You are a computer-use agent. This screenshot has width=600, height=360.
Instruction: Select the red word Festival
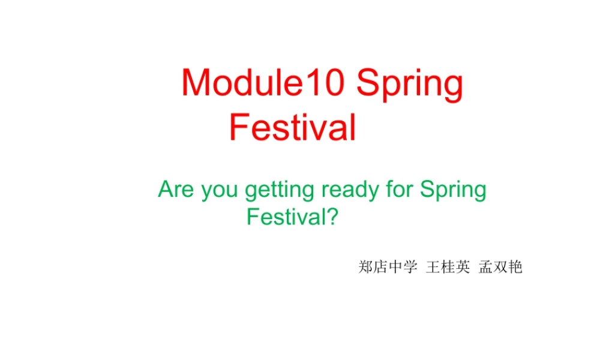click(293, 127)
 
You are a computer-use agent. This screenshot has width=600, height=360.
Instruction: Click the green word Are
click(176, 190)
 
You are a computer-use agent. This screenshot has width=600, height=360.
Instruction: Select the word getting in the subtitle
click(280, 191)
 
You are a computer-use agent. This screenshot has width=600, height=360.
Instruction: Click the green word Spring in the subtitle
click(453, 191)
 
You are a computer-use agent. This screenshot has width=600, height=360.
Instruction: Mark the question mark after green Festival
click(333, 216)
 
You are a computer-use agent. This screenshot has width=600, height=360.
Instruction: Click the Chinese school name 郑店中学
click(388, 267)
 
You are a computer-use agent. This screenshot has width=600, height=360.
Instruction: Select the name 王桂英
click(448, 267)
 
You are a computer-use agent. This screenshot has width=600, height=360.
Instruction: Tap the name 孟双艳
click(500, 267)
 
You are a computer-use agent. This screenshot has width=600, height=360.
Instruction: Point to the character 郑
click(365, 267)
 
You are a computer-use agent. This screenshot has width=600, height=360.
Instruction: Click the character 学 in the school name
click(410, 267)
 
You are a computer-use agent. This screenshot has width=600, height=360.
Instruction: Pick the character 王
click(433, 267)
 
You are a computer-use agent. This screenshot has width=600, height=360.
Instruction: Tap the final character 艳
click(515, 267)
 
